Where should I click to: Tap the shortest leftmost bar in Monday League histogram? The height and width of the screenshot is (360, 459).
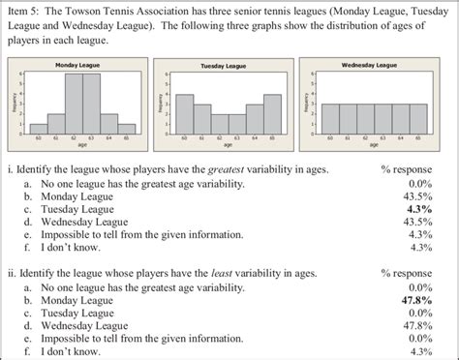tap(39, 128)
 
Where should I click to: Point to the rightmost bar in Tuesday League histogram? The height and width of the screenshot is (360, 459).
tap(272, 113)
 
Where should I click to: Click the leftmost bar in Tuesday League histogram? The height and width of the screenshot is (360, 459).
tap(185, 113)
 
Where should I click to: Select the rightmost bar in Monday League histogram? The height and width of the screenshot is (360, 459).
tap(127, 128)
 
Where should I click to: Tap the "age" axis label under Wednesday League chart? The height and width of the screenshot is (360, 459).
tap(373, 146)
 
